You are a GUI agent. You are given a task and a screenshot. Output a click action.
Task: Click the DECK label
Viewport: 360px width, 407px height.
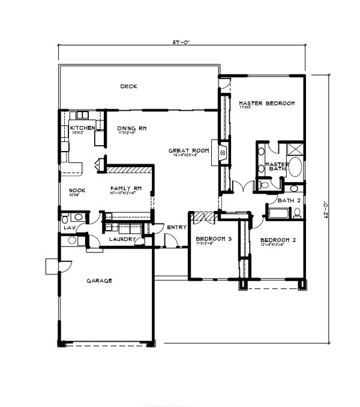128,86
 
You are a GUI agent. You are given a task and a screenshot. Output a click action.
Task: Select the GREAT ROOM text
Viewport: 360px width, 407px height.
188,151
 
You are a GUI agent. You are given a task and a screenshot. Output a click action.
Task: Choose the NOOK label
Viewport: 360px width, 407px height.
77,191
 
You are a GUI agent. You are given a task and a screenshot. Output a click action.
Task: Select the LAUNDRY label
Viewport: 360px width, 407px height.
120,240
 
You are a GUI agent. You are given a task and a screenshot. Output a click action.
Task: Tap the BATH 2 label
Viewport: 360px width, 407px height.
289,200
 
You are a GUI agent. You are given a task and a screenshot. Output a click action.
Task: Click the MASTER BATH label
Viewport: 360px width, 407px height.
278,167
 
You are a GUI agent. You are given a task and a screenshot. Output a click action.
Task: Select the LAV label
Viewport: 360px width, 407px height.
68,228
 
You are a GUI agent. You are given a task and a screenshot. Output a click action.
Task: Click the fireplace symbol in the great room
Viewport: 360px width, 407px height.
223,152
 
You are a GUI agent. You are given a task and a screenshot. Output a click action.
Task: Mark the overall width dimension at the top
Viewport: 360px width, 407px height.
181,43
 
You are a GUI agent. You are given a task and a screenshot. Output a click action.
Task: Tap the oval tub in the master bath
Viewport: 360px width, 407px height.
296,170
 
